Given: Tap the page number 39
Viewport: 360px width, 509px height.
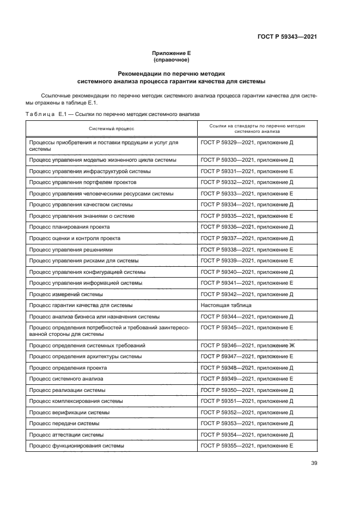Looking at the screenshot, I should (314, 463).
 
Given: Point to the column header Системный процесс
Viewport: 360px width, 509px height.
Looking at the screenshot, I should (112, 128).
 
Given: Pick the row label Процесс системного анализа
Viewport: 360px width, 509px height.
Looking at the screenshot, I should (66, 378).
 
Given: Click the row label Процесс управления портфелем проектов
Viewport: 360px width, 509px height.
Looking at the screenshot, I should (82, 182).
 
